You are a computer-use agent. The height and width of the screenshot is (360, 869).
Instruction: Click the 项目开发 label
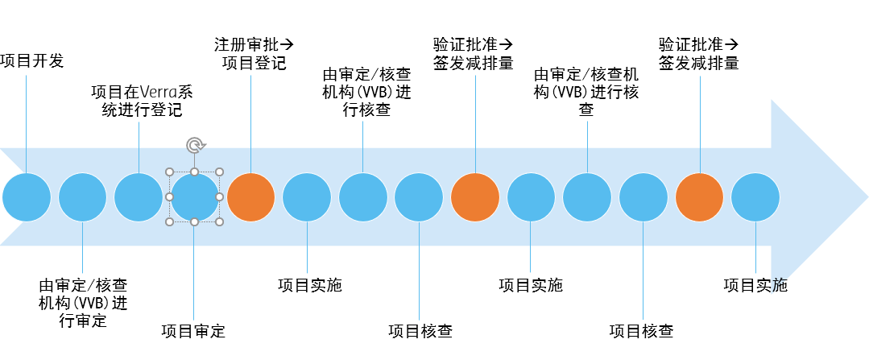pyautogui.click(x=32, y=61)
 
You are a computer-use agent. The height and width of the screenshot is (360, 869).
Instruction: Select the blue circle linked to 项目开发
pyautogui.click(x=27, y=197)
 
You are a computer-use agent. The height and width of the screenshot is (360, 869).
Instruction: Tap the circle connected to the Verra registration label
pyautogui.click(x=139, y=197)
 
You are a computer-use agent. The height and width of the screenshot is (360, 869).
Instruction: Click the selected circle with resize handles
pyautogui.click(x=194, y=197)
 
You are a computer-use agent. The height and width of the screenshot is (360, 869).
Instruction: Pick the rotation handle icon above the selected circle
pyautogui.click(x=194, y=146)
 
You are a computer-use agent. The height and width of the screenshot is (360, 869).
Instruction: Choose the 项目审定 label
pyautogui.click(x=193, y=331)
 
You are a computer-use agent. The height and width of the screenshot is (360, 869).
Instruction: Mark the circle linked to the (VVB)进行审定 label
pyautogui.click(x=83, y=197)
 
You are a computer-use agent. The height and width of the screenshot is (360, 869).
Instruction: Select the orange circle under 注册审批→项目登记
pyautogui.click(x=250, y=197)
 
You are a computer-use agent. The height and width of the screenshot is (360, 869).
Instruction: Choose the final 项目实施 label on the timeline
pyautogui.click(x=755, y=285)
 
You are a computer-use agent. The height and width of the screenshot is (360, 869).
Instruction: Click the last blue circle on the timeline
pyautogui.click(x=755, y=197)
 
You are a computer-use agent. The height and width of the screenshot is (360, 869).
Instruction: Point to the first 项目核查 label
pyautogui.click(x=420, y=331)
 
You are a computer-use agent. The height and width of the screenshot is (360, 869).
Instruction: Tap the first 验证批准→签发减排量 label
pyautogui.click(x=474, y=53)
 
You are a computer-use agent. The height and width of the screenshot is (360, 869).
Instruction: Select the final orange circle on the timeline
pyautogui.click(x=699, y=197)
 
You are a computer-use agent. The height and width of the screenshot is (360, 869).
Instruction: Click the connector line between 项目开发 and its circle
pyautogui.click(x=27, y=121)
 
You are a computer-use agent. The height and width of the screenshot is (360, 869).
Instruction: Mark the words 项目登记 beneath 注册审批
pyautogui.click(x=254, y=63)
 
